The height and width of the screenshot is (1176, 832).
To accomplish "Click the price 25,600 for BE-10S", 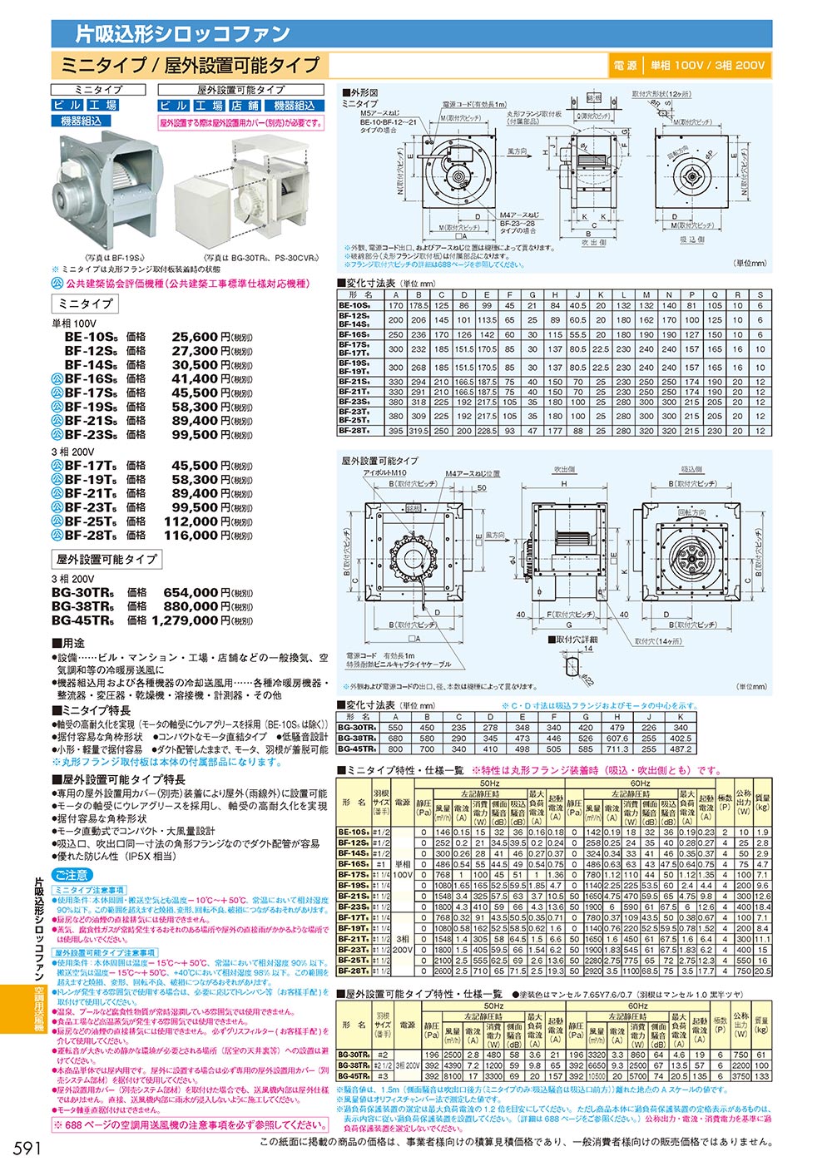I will click(x=195, y=337).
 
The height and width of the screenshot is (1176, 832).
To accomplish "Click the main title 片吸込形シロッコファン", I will click(x=183, y=34).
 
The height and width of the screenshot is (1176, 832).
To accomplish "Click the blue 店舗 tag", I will click(x=245, y=106).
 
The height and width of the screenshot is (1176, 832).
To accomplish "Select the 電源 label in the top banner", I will click(x=625, y=66).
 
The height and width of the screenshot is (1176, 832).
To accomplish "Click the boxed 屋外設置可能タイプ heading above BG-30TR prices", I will click(x=106, y=559).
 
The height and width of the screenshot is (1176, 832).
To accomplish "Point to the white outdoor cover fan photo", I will click(x=250, y=195).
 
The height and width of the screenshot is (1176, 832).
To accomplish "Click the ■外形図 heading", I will click(x=359, y=92).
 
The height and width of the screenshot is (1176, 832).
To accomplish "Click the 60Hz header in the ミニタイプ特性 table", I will click(x=640, y=783).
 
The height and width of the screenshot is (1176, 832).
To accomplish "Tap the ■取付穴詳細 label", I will click(x=574, y=640).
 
